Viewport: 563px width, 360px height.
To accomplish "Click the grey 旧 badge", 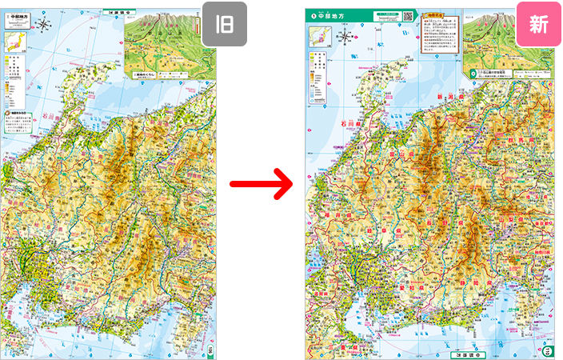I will [x=224, y=24].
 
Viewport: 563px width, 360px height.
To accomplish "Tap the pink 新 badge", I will [x=537, y=24].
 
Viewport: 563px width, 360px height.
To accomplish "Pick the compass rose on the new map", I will [x=345, y=37].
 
